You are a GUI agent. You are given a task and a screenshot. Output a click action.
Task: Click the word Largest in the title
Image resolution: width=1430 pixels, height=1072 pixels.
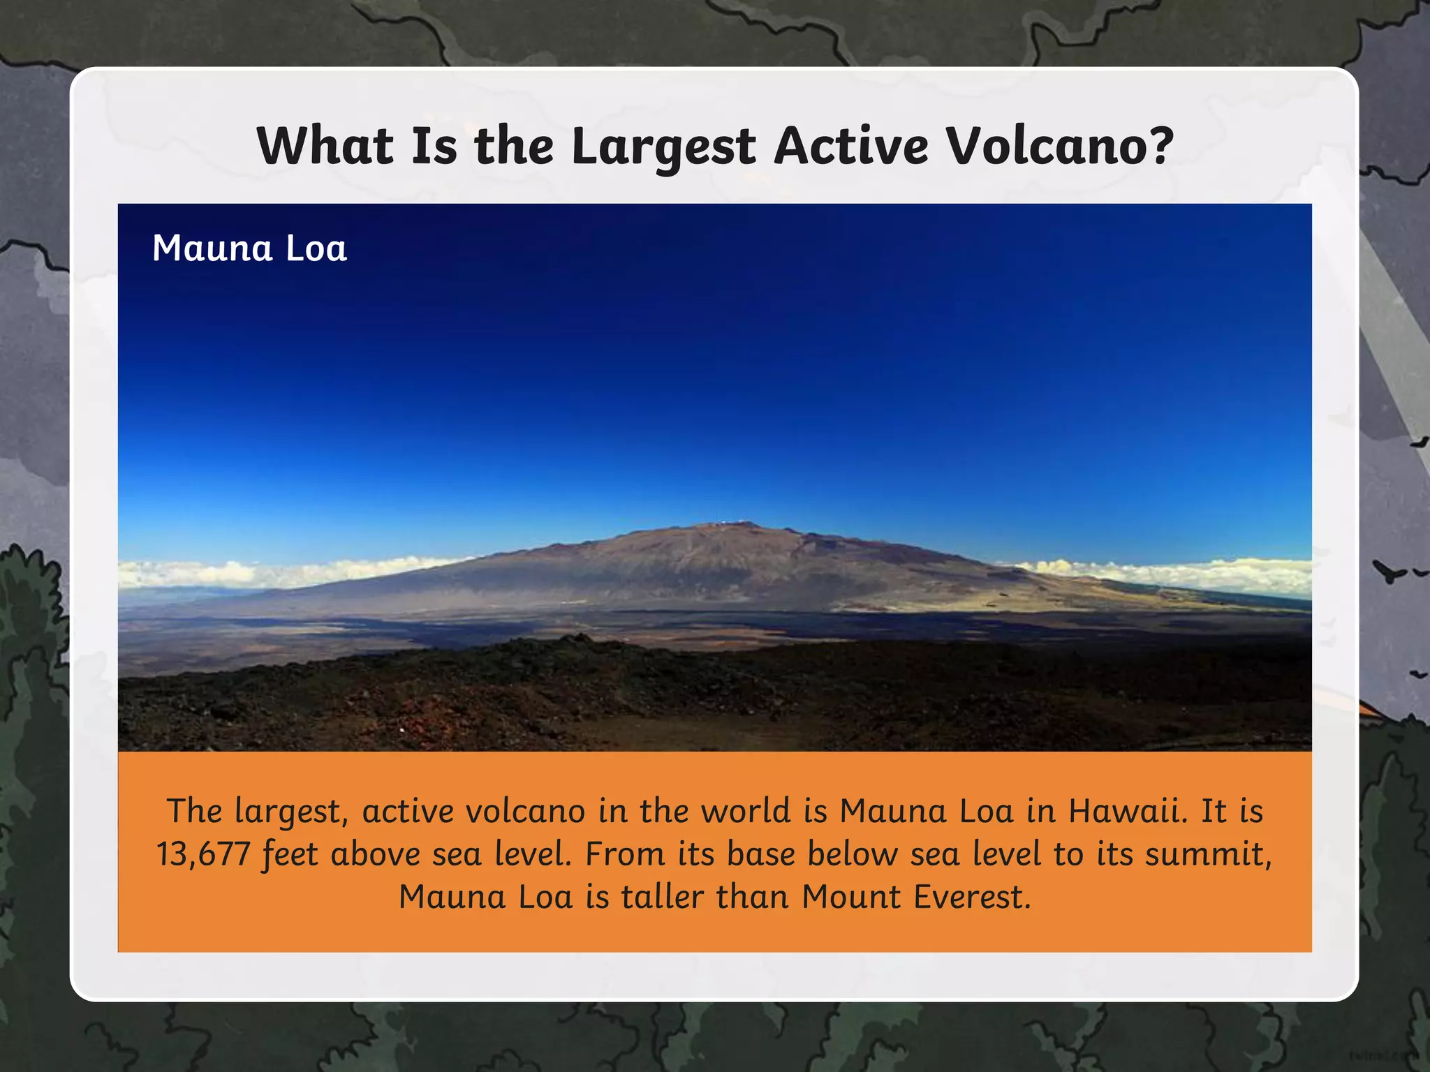[663, 147]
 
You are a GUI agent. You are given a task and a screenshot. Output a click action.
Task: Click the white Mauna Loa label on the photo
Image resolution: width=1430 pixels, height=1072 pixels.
[249, 248]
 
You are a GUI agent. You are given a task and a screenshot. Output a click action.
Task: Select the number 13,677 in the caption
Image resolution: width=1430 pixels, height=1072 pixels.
[203, 854]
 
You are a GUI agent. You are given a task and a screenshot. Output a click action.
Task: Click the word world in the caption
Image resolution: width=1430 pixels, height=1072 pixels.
[746, 811]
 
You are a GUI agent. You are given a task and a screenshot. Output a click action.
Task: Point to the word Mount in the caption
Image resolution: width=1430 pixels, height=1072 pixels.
[851, 897]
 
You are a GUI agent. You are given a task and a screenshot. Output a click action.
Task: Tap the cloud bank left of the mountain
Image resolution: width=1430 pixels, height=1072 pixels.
[279, 572]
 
